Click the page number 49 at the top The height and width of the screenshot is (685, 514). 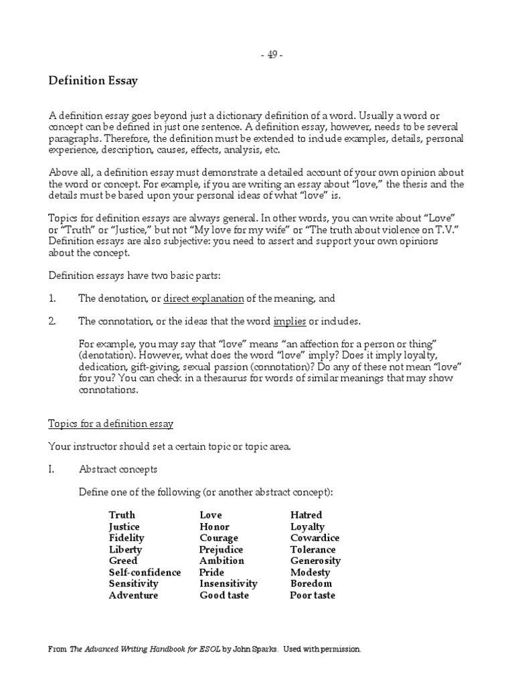pos(272,56)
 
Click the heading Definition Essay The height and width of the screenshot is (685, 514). pos(93,81)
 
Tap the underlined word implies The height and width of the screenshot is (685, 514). pos(290,321)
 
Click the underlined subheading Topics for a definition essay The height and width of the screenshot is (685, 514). pos(111,423)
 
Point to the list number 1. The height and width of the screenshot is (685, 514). pos(52,298)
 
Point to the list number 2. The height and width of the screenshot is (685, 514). pos(52,321)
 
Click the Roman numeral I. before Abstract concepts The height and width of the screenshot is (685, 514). pos(52,470)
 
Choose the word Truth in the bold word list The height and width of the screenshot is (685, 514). pos(122,515)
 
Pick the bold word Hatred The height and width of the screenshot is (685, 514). pos(306,515)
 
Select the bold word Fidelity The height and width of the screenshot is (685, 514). pos(126,538)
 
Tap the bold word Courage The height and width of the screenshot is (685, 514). pos(219,538)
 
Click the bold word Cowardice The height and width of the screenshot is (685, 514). pos(315,538)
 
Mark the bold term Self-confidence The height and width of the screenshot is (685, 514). pos(145,573)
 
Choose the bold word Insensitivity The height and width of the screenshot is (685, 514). pos(228,584)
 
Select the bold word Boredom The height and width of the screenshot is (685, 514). pos(311,584)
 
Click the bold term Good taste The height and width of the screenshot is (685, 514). pos(225,595)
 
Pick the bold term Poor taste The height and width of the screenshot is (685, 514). pos(313,595)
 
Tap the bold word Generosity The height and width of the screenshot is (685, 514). pos(315,561)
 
